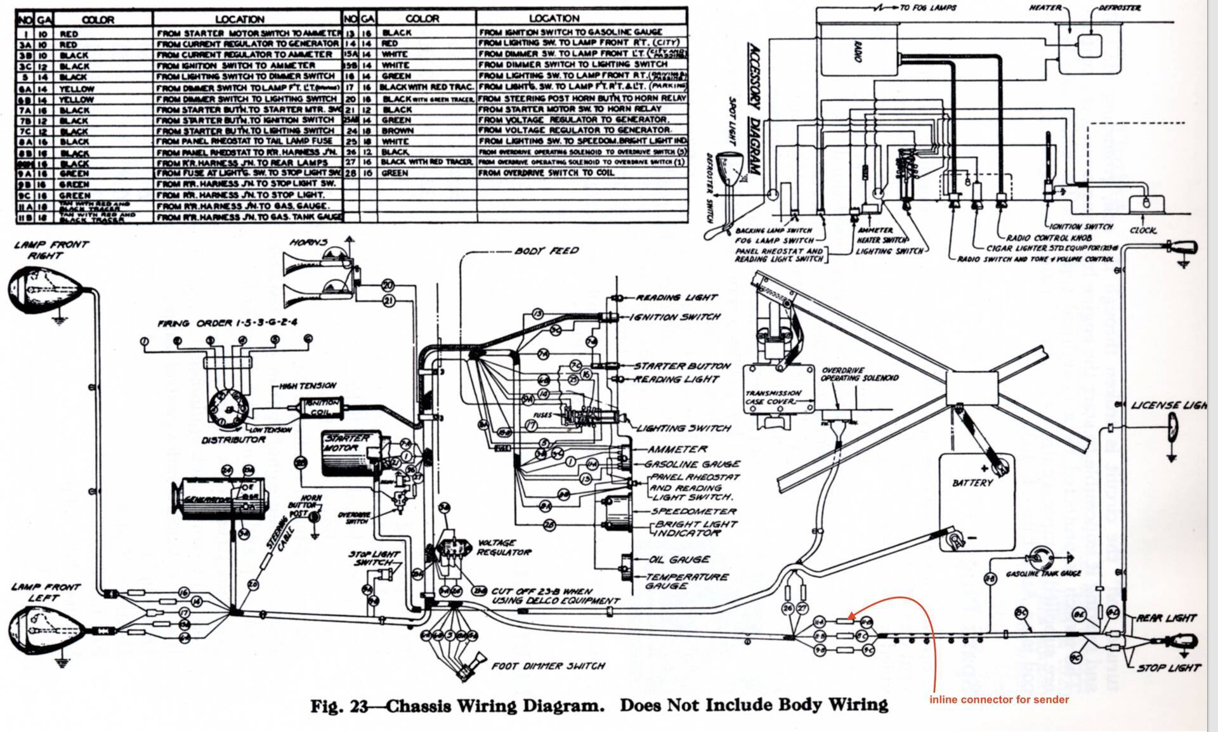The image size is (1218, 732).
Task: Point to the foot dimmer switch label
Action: click(547, 666)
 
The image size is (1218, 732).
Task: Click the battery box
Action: click(976, 501)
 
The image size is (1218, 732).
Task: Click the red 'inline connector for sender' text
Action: click(999, 700)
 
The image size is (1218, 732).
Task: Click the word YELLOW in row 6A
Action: click(77, 89)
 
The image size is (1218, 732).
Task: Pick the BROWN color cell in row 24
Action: click(397, 131)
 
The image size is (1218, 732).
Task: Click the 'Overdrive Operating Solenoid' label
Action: click(859, 374)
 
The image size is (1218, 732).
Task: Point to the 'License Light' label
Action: click(1168, 405)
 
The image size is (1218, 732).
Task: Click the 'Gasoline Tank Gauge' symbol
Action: click(1040, 556)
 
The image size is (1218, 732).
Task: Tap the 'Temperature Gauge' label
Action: click(686, 581)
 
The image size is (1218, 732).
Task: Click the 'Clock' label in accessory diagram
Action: click(1143, 230)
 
